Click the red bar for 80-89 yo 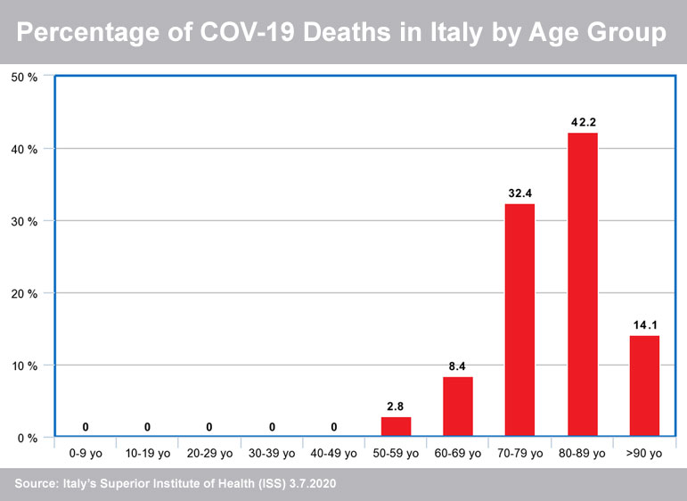coord(583,284)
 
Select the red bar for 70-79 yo coord(520,320)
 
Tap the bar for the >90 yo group coord(645,386)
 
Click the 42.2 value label coord(583,120)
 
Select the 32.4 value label coord(520,192)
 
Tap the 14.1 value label coord(645,324)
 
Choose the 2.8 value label coord(397,406)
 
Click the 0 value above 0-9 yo coord(86,426)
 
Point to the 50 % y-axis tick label coord(24,77)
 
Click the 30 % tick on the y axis coord(24,221)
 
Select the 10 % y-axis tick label coord(24,365)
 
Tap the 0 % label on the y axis coord(27,438)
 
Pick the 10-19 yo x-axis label coord(148,454)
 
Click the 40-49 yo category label coord(334,454)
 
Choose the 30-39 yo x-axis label coord(272,454)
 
